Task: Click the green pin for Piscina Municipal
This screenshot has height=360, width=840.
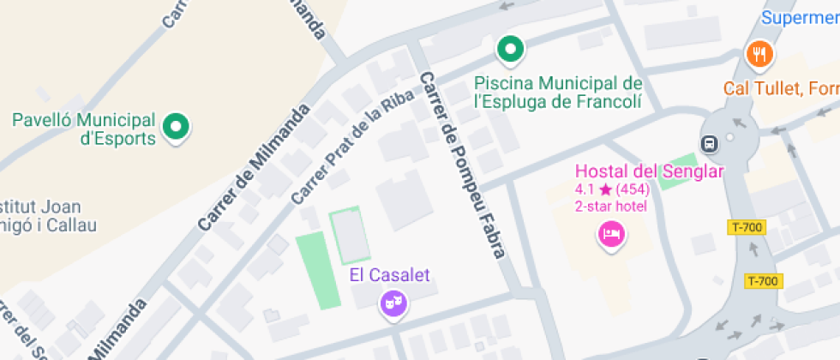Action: tap(511, 50)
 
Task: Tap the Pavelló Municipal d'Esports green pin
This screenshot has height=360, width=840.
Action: tap(177, 127)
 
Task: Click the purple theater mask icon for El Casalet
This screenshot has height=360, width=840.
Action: tap(393, 302)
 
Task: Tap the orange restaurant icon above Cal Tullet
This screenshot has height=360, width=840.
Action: tap(759, 55)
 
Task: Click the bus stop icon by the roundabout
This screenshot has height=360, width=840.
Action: tap(710, 143)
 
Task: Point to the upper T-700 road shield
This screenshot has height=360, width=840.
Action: tap(747, 227)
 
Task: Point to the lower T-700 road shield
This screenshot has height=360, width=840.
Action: tap(763, 281)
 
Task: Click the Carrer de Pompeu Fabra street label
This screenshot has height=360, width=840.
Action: tap(461, 165)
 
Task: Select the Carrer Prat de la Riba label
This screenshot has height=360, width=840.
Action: tap(352, 146)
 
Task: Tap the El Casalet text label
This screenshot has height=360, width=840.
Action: tap(389, 275)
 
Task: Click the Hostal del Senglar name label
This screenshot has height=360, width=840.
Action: tap(649, 171)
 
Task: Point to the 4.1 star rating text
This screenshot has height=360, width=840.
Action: tap(611, 189)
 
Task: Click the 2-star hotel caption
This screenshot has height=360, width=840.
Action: tap(610, 206)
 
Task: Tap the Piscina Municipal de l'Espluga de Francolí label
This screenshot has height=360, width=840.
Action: tap(558, 92)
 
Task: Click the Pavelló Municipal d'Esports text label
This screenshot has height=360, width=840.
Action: tap(84, 129)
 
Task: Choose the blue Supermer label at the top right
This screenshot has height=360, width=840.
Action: tap(800, 17)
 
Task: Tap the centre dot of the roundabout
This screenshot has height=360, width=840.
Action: tap(730, 136)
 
